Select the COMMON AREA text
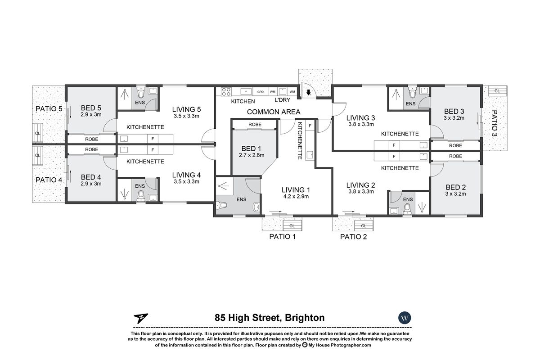[x=273, y=112]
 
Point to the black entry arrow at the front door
[x=308, y=93]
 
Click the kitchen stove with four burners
[x=226, y=92]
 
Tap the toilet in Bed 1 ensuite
[x=223, y=206]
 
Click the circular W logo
[x=405, y=318]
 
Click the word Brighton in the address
[x=304, y=318]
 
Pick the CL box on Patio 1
[x=292, y=226]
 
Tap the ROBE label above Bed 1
[x=255, y=125]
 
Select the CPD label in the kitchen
[x=261, y=91]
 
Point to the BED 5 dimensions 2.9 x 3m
[x=91, y=115]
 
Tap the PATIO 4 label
[x=49, y=180]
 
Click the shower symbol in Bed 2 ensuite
[x=421, y=207]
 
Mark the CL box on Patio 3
[x=496, y=91]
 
